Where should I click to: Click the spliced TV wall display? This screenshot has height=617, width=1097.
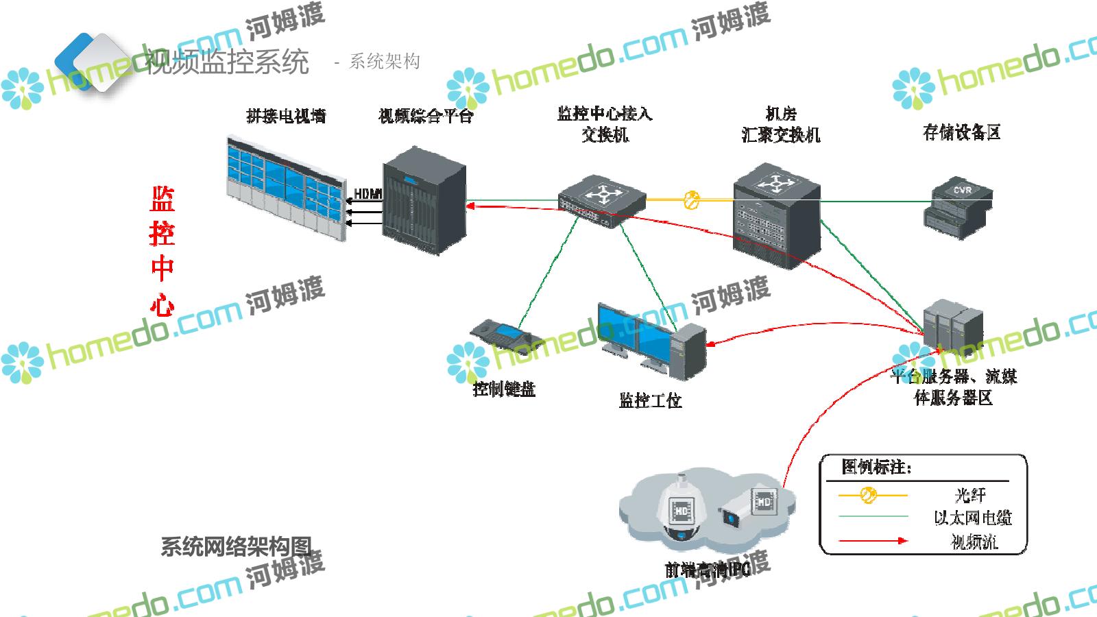point(285,186)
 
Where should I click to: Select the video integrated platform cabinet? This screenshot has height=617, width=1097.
point(424,200)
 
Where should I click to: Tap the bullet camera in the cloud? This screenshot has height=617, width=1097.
point(747,509)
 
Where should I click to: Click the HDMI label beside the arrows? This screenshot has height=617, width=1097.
point(367,194)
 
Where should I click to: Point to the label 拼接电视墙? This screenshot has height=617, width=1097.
point(286,116)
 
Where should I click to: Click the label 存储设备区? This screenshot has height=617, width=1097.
point(961,132)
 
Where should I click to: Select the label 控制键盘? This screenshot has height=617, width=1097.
point(504,389)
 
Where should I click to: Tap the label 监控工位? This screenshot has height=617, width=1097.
point(650,400)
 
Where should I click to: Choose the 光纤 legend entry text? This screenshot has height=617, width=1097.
point(969,494)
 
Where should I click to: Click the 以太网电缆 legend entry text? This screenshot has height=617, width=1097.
point(972,518)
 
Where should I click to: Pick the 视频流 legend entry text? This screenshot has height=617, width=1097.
point(974,542)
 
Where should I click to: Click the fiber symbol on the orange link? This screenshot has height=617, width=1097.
point(692,200)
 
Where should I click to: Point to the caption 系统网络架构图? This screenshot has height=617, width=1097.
point(236,546)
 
